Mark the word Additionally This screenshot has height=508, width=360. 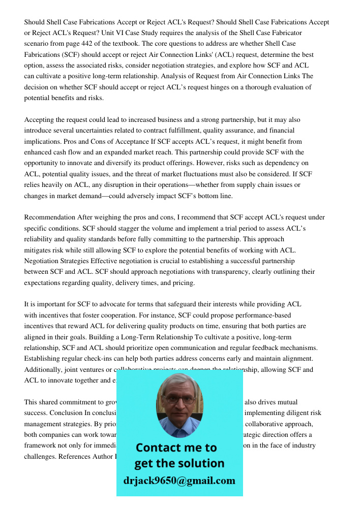click(44, 369)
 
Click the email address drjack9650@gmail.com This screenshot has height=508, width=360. click(179, 481)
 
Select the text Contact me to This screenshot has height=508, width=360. click(176, 448)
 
